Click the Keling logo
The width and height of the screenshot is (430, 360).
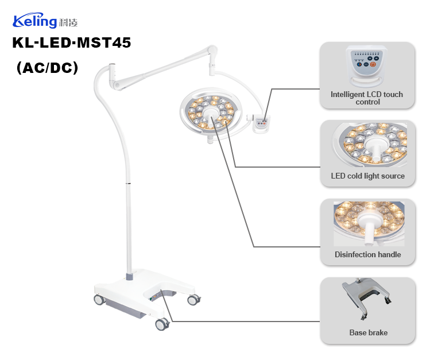click(x=45, y=22)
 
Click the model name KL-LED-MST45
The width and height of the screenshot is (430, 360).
click(x=72, y=43)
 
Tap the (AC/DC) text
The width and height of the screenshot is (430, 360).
click(x=48, y=67)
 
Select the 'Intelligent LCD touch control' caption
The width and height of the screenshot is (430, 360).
click(x=367, y=98)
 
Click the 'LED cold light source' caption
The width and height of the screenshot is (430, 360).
click(x=367, y=176)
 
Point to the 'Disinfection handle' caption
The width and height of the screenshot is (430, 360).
click(x=367, y=254)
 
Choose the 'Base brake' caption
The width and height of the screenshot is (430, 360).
click(x=368, y=332)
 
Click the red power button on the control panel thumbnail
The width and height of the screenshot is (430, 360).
click(x=373, y=65)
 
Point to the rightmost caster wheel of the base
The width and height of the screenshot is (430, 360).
click(x=194, y=299)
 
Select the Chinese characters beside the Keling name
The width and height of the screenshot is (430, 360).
click(x=68, y=23)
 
